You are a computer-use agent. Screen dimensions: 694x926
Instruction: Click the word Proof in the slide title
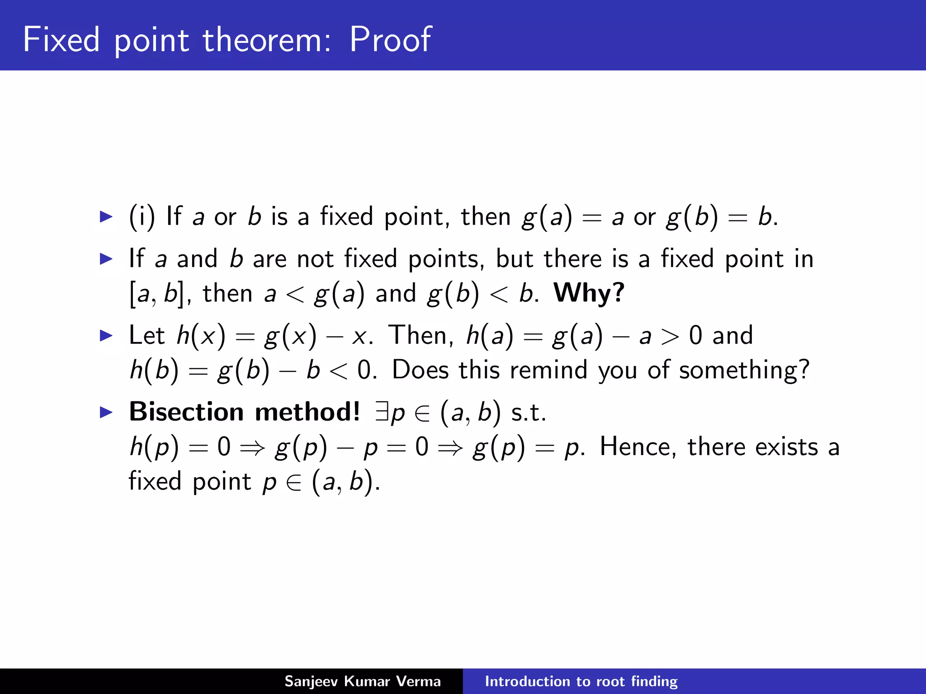point(390,40)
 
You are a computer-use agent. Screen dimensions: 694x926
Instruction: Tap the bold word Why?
point(589,293)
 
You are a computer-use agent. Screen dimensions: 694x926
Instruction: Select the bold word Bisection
point(187,412)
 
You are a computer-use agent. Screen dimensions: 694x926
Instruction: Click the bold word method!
point(307,412)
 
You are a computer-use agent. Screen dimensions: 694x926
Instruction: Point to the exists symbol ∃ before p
point(383,412)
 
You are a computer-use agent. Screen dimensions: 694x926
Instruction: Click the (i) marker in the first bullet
point(142,216)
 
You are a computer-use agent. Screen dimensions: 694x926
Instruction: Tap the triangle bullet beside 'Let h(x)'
point(106,335)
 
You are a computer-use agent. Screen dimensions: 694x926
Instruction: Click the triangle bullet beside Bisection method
point(106,412)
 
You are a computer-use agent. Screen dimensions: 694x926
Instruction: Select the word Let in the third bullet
point(146,335)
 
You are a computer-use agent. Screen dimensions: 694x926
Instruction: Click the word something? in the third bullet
point(744,370)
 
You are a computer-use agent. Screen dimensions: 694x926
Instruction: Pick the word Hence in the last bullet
point(638,447)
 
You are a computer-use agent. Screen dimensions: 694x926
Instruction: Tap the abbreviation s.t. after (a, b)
point(529,413)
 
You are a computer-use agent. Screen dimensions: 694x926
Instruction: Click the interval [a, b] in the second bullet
point(157,294)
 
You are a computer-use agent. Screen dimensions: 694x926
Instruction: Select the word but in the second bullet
point(515,259)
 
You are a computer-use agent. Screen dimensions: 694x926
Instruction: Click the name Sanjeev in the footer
point(311,681)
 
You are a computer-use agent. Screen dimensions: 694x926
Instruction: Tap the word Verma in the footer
point(419,681)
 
